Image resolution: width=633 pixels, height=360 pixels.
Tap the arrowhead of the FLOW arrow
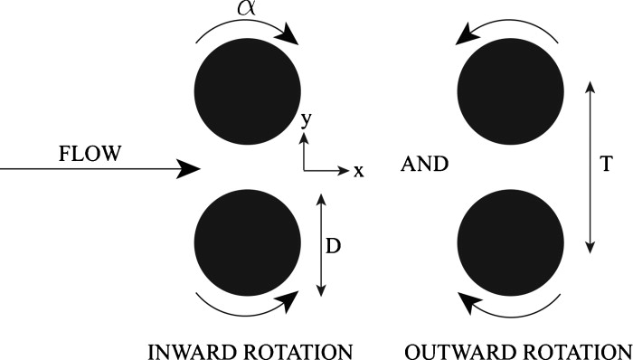click(x=188, y=168)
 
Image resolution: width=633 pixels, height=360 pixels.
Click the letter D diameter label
click(x=333, y=245)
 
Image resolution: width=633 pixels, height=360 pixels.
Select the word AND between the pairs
click(x=425, y=165)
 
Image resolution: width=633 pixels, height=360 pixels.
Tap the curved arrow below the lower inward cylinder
click(x=248, y=306)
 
